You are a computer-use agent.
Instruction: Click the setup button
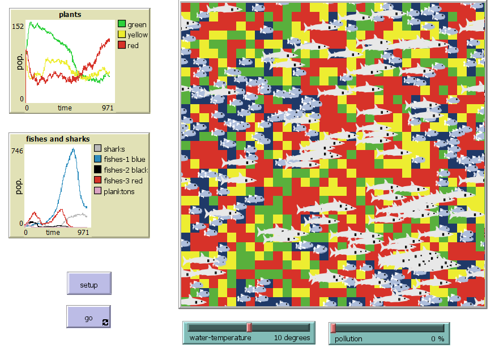(89, 284)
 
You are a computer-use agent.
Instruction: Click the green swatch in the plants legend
(121, 24)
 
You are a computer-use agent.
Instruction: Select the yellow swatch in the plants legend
(121, 35)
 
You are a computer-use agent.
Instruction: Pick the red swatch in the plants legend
(121, 45)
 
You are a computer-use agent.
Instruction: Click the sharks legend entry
(114, 149)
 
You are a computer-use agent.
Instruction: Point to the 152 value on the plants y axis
(18, 26)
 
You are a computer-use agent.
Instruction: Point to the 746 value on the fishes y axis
(18, 151)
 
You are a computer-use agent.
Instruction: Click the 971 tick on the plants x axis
(108, 108)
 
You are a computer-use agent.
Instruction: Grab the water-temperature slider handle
(249, 327)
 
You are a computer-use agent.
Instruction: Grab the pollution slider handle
(333, 327)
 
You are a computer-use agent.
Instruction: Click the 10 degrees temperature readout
(292, 338)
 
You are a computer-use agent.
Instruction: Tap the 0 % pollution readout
(437, 338)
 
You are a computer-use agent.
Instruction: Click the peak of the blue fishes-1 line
(73, 148)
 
